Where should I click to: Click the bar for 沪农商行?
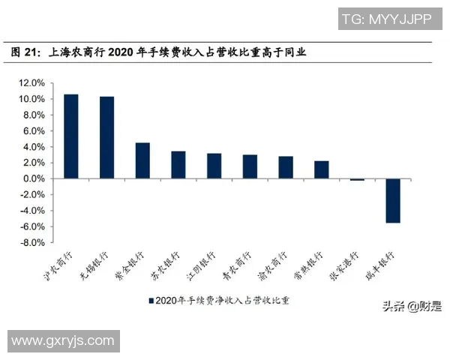click(x=71, y=136)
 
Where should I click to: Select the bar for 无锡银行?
click(x=107, y=138)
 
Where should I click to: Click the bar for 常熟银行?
click(x=322, y=169)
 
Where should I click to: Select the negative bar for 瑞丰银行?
click(x=393, y=200)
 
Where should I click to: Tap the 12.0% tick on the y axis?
click(x=32, y=82)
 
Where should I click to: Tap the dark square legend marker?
click(x=151, y=300)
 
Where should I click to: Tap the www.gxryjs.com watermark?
click(x=62, y=341)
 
